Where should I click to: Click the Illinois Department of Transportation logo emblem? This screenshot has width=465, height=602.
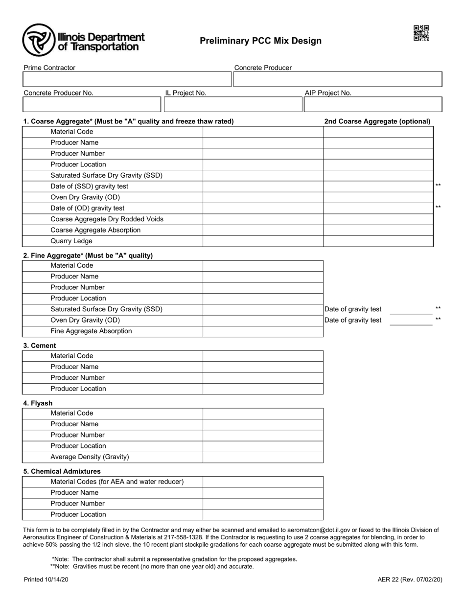[x=38, y=40]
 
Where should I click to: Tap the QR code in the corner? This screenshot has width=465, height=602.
[x=421, y=33]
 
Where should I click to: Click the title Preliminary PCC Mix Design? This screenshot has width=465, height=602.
[x=260, y=41]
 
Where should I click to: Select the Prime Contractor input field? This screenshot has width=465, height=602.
[x=127, y=79]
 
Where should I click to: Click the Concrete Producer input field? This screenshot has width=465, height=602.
[x=337, y=79]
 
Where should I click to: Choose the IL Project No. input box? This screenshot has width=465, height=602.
[x=233, y=104]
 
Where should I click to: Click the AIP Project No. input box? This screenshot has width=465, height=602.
[x=373, y=104]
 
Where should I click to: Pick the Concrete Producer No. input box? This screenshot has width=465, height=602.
[x=92, y=104]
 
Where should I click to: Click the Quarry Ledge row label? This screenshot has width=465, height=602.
[x=71, y=241]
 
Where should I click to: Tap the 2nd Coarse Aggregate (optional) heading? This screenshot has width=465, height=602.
[x=377, y=121]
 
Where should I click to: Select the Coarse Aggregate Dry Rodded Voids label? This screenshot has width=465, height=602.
[x=107, y=219]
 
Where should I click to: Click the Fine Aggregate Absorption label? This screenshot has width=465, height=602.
[x=91, y=331]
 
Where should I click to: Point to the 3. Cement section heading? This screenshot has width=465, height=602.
[x=40, y=346]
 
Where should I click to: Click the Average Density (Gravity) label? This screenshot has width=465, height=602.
[x=90, y=457]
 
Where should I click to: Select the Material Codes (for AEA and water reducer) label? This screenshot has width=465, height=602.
[x=117, y=482]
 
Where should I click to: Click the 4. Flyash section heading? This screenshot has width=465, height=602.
[x=38, y=403]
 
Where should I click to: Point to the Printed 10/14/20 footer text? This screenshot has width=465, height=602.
[x=46, y=579]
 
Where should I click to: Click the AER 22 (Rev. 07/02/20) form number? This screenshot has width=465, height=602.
[x=410, y=579]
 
